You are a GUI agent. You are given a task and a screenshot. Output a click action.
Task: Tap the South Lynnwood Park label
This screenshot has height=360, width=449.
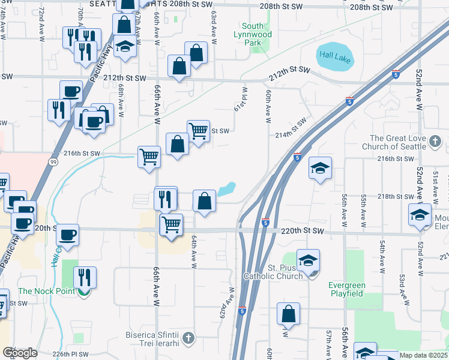coord(258,30)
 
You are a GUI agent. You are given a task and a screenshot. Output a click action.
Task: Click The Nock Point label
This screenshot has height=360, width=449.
coord(47,292)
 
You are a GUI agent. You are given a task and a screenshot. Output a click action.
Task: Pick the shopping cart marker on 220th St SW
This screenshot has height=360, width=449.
coord(171,225)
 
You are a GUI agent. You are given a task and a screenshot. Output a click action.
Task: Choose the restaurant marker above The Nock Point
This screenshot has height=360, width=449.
coord(85,277)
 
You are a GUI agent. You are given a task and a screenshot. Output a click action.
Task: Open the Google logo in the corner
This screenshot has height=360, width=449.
coord(20,353)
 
